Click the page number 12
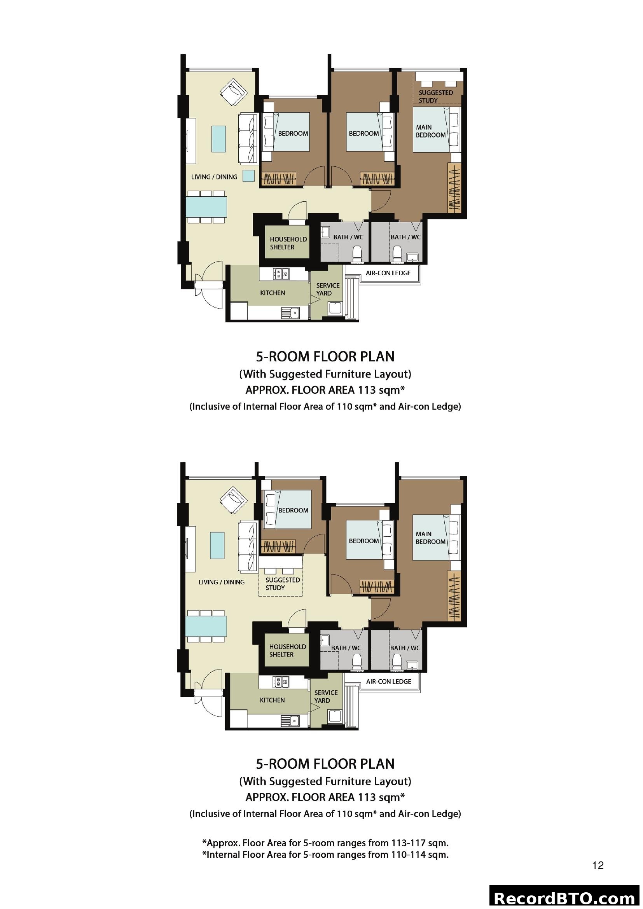click(598, 866)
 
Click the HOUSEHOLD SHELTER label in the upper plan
click(288, 243)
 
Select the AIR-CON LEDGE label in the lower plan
click(388, 681)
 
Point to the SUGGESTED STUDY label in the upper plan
click(435, 96)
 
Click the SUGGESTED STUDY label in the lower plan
click(282, 584)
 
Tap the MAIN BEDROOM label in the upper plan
click(430, 131)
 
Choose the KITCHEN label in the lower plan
click(272, 700)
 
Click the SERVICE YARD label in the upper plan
click(327, 289)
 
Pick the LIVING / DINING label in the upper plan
click(214, 177)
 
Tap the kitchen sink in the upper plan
click(291, 313)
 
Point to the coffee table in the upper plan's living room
click(218, 139)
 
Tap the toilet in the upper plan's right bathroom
click(398, 253)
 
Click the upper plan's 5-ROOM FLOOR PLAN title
click(325, 357)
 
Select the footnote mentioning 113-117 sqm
click(325, 843)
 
